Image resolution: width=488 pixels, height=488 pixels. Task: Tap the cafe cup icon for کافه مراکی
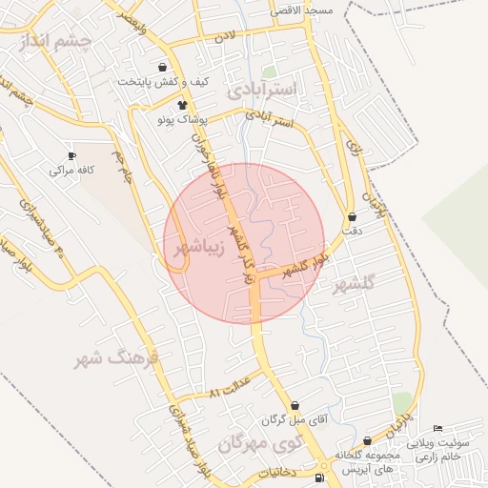[x=71, y=155]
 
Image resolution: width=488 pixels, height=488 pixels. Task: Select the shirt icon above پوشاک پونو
[x=183, y=104]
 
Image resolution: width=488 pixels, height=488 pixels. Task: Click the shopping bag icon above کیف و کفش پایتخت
[x=163, y=67]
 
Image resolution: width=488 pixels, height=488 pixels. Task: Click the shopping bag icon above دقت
[x=353, y=217]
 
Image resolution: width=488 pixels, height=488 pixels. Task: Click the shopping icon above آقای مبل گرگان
[x=294, y=405]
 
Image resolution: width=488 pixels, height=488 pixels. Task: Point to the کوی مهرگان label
[x=258, y=443]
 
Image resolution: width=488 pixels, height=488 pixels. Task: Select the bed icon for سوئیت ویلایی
[x=437, y=429]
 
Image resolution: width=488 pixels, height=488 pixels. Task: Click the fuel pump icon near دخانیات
[x=317, y=478]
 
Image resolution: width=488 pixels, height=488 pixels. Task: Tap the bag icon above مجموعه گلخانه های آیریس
[x=367, y=440]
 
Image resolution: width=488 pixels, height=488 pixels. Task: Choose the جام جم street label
[x=122, y=167]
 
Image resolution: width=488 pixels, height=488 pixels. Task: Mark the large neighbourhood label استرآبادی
[x=264, y=90]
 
